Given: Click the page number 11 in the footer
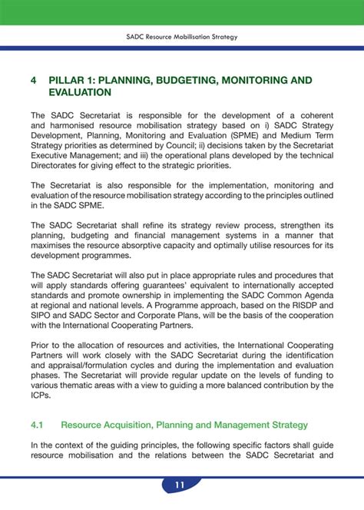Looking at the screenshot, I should click(180, 485).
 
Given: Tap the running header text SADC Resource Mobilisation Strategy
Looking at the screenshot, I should click(182, 36).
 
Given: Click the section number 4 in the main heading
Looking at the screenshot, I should click(34, 79).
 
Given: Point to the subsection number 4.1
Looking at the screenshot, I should click(38, 424).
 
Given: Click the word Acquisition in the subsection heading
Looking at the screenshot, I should click(135, 424).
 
